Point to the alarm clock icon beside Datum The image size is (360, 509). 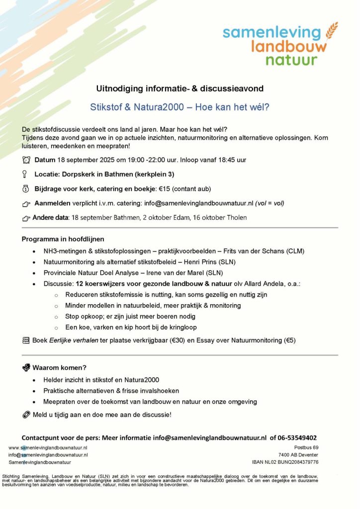coord(26,160)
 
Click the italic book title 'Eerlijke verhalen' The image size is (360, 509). coord(70,340)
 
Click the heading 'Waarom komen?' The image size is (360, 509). coord(60,368)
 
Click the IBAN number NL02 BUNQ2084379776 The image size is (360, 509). coord(291,462)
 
